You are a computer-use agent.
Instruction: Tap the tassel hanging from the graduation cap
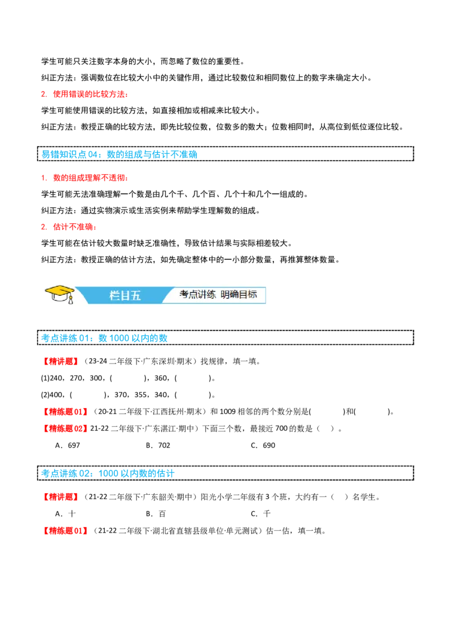[70, 300]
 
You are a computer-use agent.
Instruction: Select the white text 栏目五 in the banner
[125, 295]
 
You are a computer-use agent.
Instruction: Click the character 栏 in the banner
[115, 295]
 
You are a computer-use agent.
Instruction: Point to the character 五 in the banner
[135, 295]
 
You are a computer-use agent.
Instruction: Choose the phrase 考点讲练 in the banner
[197, 294]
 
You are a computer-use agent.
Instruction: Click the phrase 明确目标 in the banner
[238, 294]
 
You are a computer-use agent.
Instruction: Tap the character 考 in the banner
[184, 294]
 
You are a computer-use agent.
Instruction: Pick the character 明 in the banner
[225, 294]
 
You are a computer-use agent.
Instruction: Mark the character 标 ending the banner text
[252, 294]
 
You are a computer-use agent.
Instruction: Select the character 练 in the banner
[211, 294]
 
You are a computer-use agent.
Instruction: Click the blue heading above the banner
[120, 154]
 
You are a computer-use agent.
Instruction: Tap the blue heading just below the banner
[105, 338]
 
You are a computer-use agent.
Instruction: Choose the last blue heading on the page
[108, 473]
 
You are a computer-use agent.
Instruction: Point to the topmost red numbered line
[85, 94]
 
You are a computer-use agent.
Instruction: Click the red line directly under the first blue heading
[85, 179]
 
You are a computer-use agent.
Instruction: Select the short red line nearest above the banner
[69, 227]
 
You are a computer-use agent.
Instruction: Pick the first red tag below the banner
[61, 361]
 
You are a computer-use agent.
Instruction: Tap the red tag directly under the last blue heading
[61, 498]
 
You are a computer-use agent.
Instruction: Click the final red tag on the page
[65, 530]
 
